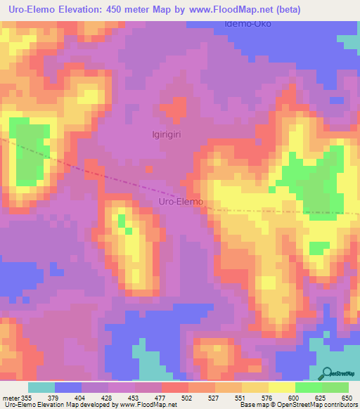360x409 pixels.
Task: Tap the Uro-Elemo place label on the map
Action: coord(179,202)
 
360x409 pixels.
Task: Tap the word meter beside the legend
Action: coord(10,397)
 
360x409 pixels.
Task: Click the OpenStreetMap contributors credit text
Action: coord(323,405)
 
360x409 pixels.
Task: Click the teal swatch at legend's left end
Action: coord(41,387)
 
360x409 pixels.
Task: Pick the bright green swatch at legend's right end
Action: coord(335,387)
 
